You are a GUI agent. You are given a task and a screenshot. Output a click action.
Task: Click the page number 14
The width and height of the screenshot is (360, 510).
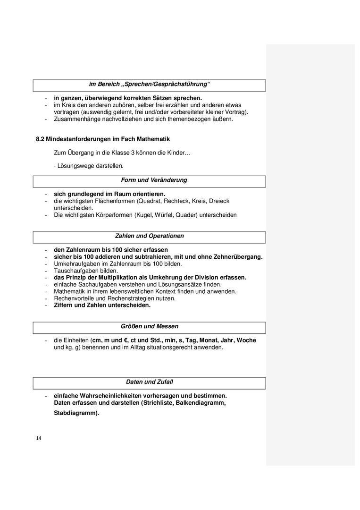[x=39, y=438]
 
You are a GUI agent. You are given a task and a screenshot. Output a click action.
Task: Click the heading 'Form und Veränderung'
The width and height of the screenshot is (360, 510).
[x=154, y=180]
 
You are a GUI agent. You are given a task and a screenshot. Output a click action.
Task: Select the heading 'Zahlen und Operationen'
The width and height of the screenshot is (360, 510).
[x=149, y=236]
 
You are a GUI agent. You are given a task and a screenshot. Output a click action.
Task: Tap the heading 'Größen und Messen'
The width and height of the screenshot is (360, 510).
[x=149, y=326]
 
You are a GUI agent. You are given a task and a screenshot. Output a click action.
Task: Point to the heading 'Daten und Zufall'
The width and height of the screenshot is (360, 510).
[x=149, y=382]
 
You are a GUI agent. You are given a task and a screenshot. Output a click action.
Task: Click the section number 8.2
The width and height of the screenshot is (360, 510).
[x=40, y=139]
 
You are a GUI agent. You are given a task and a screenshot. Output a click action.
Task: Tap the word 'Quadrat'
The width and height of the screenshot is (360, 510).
[x=157, y=201]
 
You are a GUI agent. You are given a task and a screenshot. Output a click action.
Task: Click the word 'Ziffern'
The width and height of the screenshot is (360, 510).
[x=63, y=305]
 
